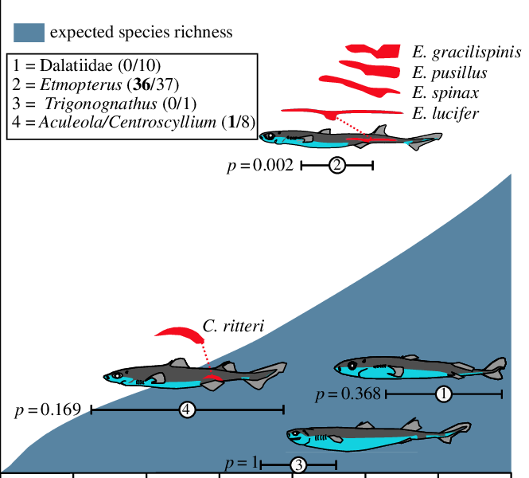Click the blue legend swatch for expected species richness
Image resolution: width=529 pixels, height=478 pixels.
pyautogui.click(x=28, y=32)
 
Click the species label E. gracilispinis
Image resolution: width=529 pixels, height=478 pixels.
pyautogui.click(x=466, y=53)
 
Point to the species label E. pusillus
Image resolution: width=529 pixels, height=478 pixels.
pyautogui.click(x=450, y=73)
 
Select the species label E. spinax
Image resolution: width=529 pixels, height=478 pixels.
pyautogui.click(x=445, y=93)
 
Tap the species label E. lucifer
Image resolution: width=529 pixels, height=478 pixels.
pyautogui.click(x=445, y=113)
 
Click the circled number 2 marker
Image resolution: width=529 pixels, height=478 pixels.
pyautogui.click(x=337, y=166)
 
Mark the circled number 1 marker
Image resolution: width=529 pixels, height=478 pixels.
pyautogui.click(x=444, y=394)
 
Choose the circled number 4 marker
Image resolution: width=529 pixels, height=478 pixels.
pyautogui.click(x=187, y=409)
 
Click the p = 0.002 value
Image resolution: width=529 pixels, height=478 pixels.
pyautogui.click(x=261, y=166)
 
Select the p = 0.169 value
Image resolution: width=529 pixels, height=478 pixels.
pyautogui.click(x=48, y=410)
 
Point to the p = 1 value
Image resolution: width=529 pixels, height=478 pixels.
pyautogui.click(x=242, y=463)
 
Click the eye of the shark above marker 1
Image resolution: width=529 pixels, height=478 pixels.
pyautogui.click(x=352, y=366)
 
